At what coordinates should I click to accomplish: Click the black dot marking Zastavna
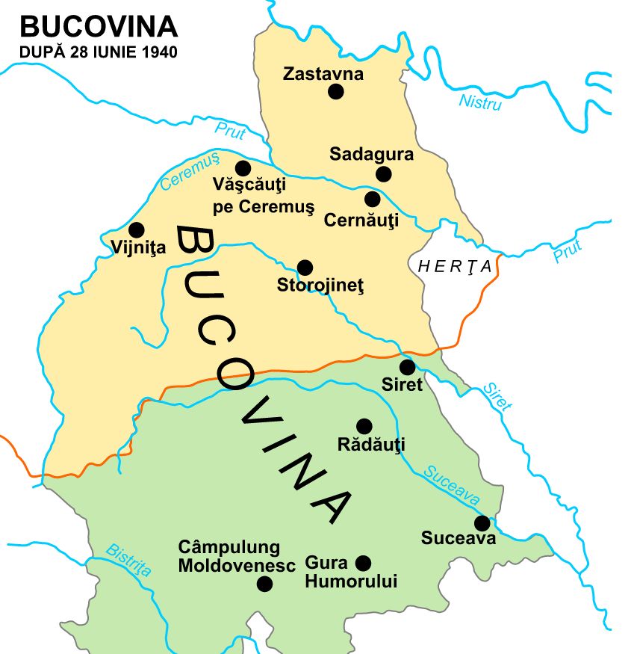[x=336, y=91]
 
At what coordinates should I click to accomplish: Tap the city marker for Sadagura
[x=384, y=174]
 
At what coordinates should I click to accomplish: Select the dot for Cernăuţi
[x=372, y=199]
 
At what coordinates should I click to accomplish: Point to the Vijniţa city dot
[x=136, y=229]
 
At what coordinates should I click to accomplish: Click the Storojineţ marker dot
[x=305, y=267]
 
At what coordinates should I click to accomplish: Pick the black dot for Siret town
[x=407, y=367]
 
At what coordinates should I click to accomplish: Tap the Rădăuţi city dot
[x=364, y=426]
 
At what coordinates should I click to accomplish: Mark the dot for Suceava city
[x=482, y=522]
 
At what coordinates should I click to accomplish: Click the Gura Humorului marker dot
[x=364, y=563]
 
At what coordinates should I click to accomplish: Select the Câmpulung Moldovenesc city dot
[x=264, y=584]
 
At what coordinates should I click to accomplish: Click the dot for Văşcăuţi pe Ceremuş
[x=243, y=168]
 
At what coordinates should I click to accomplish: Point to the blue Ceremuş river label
[x=190, y=171]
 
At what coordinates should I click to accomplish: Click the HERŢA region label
[x=456, y=267]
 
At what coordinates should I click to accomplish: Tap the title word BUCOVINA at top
[x=99, y=27]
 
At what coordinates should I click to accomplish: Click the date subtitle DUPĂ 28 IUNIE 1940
[x=99, y=53]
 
